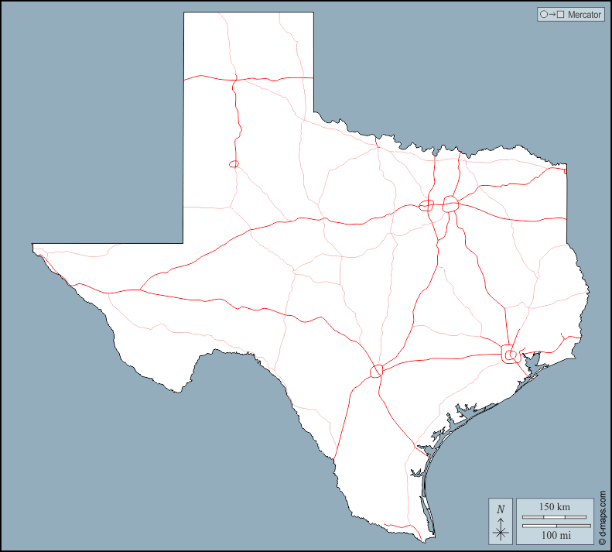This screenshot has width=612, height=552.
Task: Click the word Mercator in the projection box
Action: click(x=584, y=14)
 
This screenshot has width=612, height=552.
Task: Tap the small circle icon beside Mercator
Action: click(x=544, y=14)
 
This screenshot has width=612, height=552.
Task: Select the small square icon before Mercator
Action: click(x=562, y=14)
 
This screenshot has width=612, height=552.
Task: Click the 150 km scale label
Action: click(x=554, y=506)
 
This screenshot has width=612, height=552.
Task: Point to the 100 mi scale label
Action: click(x=554, y=535)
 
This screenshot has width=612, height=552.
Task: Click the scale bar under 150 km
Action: click(x=554, y=516)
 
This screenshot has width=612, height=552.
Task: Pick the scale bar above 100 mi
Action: click(x=554, y=526)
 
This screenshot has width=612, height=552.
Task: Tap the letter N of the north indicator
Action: click(x=501, y=509)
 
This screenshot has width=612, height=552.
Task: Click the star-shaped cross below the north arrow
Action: click(x=501, y=532)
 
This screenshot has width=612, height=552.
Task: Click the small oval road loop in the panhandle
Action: click(x=234, y=164)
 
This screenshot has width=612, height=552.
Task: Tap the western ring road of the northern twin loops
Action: click(x=426, y=205)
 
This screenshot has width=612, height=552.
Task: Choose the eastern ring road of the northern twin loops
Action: click(x=451, y=204)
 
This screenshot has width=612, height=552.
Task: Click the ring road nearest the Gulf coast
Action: click(x=511, y=355)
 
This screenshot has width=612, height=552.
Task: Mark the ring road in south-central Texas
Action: click(x=377, y=372)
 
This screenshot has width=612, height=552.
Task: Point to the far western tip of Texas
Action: click(x=32, y=245)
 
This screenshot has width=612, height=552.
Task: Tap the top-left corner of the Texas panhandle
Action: click(x=184, y=13)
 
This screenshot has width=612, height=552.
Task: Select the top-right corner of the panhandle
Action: click(x=313, y=13)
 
